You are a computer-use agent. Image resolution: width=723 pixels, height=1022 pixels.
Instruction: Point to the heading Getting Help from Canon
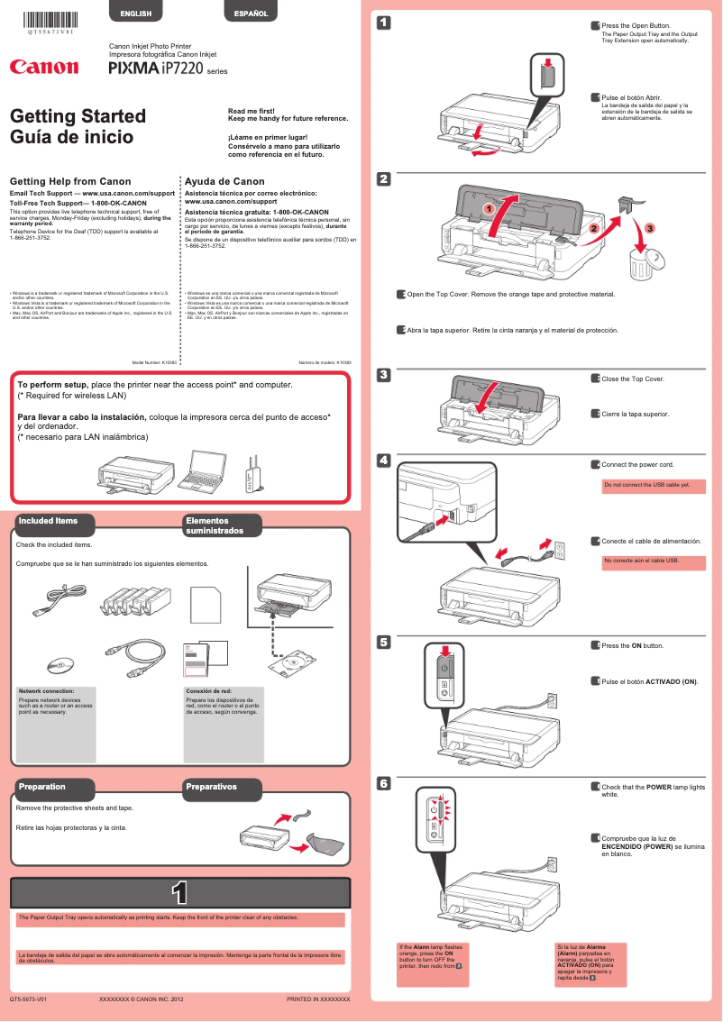(x=69, y=181)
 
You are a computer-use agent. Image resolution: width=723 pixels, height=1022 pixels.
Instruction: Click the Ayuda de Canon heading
(x=224, y=181)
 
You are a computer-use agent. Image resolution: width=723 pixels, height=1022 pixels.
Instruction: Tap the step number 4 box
(x=383, y=461)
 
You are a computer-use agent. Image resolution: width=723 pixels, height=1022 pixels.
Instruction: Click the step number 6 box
(x=383, y=784)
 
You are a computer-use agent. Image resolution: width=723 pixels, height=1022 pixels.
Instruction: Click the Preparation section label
(x=42, y=787)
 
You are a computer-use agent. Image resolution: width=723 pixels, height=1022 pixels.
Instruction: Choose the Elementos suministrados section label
(x=215, y=525)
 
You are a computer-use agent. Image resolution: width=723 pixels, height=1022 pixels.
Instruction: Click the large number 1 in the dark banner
(x=179, y=891)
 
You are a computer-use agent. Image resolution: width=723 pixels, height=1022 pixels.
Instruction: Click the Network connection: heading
(x=47, y=690)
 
